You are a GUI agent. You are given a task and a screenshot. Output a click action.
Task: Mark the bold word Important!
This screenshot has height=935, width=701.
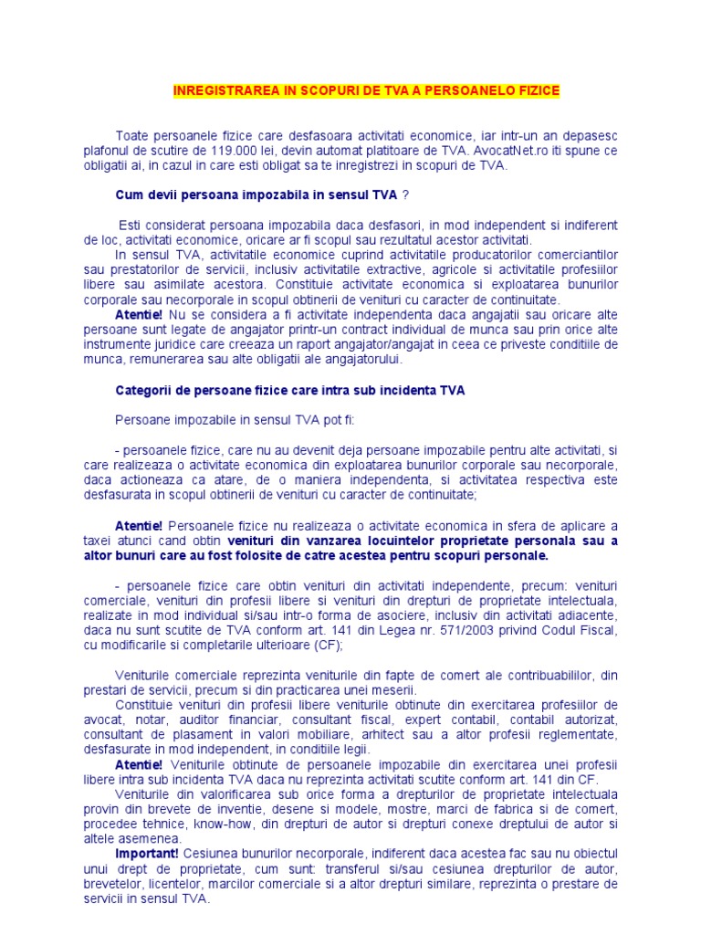click(147, 853)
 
